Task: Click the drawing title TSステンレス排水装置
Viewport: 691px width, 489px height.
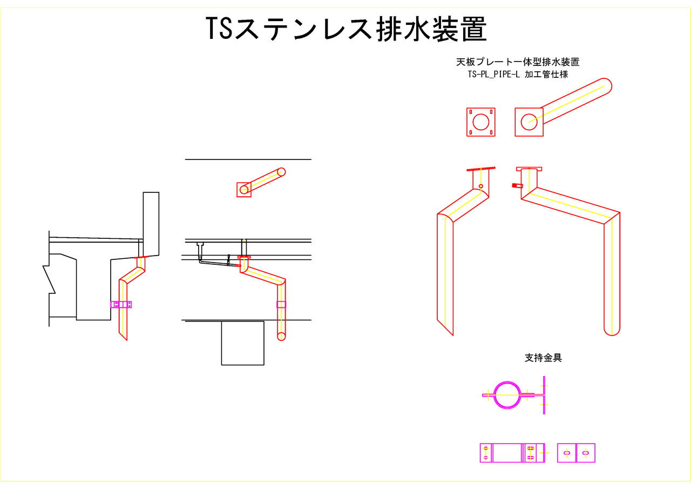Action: point(346,29)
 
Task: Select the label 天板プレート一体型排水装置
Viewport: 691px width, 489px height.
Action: point(518,62)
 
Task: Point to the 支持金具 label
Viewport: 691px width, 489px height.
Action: point(543,358)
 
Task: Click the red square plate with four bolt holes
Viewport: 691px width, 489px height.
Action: point(480,122)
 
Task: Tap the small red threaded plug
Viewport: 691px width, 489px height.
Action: point(517,186)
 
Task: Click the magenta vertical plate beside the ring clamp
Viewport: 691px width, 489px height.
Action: point(544,396)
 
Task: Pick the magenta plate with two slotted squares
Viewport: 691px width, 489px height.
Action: point(576,453)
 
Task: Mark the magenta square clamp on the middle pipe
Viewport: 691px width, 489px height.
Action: point(281,304)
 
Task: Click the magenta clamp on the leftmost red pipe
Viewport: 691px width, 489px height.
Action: point(121,304)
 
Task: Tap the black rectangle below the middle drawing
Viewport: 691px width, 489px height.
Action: point(243,343)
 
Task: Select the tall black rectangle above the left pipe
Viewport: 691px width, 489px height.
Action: point(151,223)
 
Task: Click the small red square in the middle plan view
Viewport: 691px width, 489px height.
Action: point(244,190)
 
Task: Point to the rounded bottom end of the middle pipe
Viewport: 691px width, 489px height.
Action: point(281,336)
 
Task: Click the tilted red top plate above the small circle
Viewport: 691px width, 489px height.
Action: point(480,169)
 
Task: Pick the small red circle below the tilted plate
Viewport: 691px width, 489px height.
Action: point(481,186)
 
